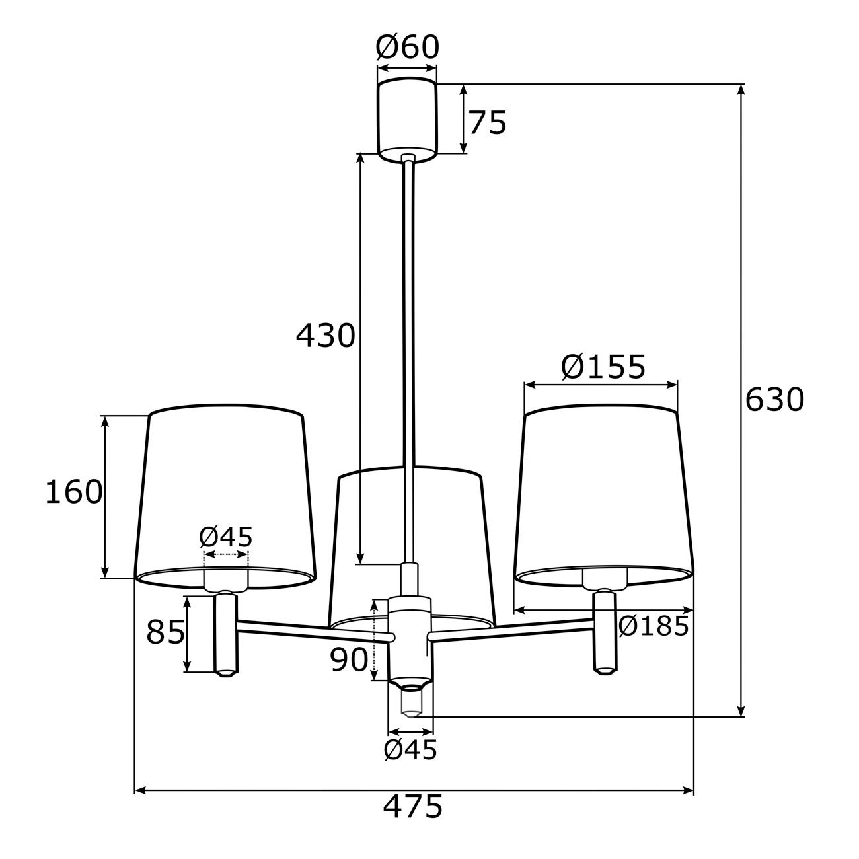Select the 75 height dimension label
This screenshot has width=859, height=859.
(x=488, y=123)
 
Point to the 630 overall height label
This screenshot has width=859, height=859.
(x=774, y=399)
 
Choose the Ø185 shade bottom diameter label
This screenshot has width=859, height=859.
(x=654, y=626)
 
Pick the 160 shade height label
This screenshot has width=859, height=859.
(x=74, y=492)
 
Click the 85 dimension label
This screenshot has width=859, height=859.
(x=165, y=632)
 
